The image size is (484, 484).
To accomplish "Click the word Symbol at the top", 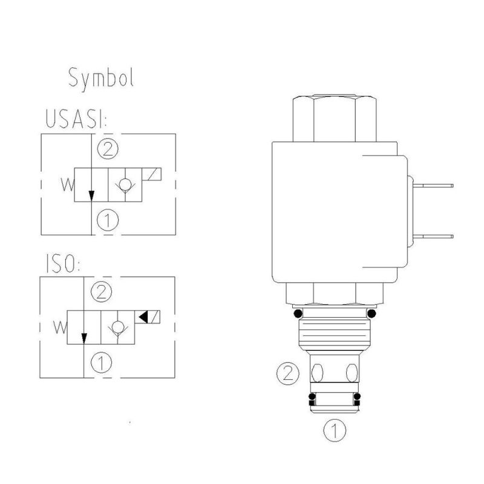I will [100, 78].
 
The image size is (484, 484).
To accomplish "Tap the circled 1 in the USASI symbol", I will [106, 220].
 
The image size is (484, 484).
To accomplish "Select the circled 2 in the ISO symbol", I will [101, 293].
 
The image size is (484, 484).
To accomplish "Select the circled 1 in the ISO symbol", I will [101, 363].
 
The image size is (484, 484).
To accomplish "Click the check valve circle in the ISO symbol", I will [116, 327].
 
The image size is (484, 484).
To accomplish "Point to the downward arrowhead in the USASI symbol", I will [91, 196].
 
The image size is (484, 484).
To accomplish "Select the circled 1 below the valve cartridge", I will [333, 431].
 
